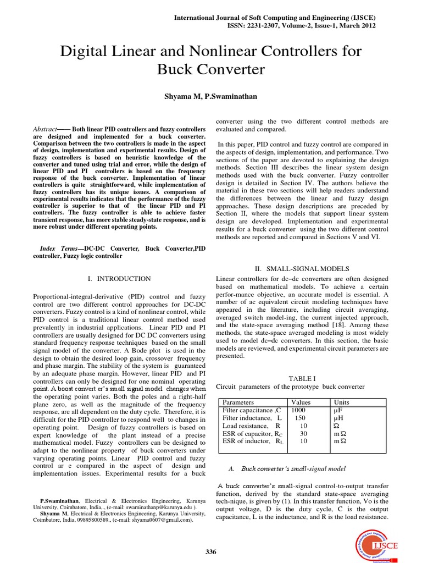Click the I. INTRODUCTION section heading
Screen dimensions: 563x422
pos(119,279)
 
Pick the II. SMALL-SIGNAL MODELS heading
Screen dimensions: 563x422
pos(302,269)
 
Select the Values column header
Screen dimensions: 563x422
pos(301,402)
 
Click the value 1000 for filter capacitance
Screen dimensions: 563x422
pos(298,410)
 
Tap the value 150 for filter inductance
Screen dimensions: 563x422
pos(299,418)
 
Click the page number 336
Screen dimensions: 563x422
pos(210,537)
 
